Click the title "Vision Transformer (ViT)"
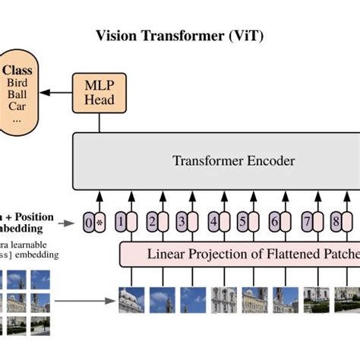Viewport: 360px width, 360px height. click(180, 36)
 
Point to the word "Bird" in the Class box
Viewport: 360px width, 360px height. click(17, 82)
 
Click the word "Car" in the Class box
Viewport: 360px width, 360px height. click(17, 108)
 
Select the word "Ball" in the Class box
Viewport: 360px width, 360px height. click(17, 95)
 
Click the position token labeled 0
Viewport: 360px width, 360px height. click(89, 223)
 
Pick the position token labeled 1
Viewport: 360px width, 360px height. click(120, 223)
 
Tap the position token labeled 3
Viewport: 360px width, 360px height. click(182, 223)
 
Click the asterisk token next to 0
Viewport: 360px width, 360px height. click(99, 223)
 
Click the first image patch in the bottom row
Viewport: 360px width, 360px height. click(131, 300)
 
